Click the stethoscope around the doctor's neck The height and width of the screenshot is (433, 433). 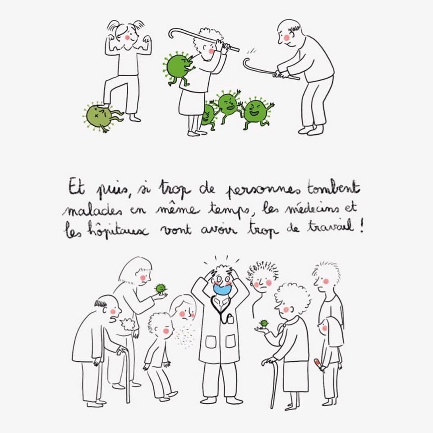click(221, 310)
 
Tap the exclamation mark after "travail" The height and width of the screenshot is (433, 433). click(361, 226)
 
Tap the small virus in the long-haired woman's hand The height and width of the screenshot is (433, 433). click(160, 289)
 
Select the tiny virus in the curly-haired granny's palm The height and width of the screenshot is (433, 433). click(264, 323)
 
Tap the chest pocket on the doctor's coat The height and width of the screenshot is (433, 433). click(229, 319)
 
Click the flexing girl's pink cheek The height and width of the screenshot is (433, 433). click(128, 37)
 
